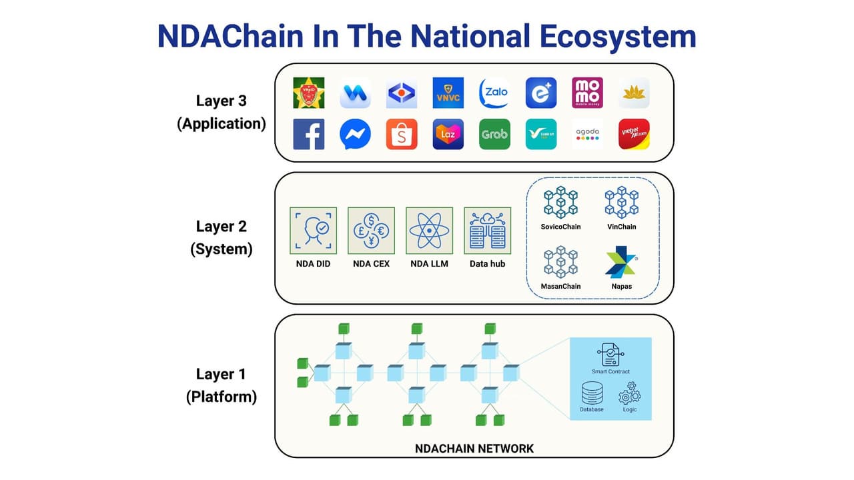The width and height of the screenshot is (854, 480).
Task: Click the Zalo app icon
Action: point(494,93)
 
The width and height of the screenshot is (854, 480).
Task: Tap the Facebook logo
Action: point(309,134)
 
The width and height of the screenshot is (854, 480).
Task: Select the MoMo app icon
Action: point(587,93)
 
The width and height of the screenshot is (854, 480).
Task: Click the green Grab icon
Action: point(494,134)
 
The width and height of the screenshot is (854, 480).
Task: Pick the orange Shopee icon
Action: point(402,134)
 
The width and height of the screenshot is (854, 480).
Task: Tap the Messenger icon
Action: point(355,134)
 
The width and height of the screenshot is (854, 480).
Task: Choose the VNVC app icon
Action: point(448,93)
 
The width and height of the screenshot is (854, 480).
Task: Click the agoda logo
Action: point(587,134)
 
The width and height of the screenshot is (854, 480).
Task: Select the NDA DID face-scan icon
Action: point(314,230)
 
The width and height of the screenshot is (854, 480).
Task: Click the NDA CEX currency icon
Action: point(372,230)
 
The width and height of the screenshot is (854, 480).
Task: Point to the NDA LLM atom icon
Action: point(430,230)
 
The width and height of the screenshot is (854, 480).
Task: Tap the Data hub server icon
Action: point(487,230)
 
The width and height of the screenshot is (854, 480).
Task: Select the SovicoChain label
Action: point(560,227)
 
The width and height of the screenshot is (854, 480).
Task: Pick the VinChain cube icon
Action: point(621,203)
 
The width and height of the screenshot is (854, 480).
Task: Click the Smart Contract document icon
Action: point(610,354)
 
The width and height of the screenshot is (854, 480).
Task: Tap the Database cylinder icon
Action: point(592,393)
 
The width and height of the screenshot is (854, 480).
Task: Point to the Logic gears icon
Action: point(630,396)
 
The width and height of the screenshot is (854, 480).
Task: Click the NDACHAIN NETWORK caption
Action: point(474,448)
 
